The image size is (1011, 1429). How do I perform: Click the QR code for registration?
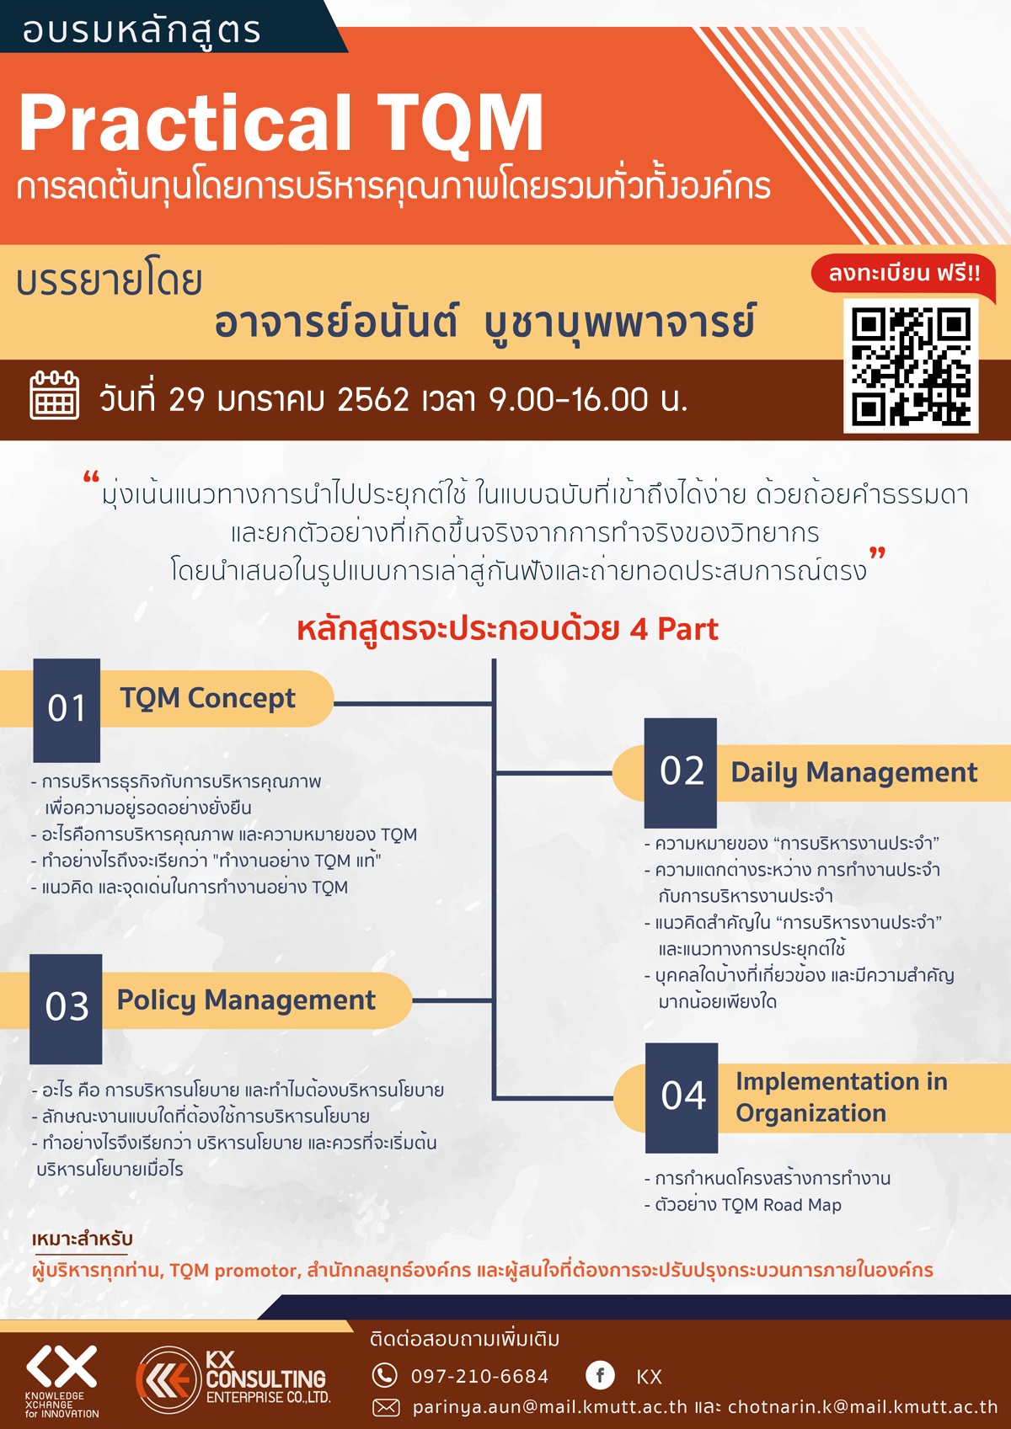tap(911, 365)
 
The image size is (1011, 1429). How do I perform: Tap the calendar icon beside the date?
tap(54, 395)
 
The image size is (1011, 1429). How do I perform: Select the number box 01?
tap(67, 710)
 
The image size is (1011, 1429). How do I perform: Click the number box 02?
tap(681, 772)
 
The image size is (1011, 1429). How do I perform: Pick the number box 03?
tap(66, 1009)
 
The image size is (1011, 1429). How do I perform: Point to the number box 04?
tap(682, 1098)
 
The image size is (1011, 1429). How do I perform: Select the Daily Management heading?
tap(854, 773)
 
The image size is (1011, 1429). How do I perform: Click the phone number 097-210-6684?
tap(479, 1376)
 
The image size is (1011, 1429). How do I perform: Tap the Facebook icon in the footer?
tap(600, 1375)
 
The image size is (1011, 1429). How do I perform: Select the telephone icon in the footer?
tap(384, 1375)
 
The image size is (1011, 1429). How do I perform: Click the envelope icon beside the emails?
tap(386, 1406)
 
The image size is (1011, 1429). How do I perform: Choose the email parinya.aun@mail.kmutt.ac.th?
tap(550, 1406)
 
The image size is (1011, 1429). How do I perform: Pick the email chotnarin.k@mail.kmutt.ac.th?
tap(863, 1406)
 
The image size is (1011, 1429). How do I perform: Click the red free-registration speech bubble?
tap(904, 275)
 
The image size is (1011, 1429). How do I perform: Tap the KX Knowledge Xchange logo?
tap(62, 1382)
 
